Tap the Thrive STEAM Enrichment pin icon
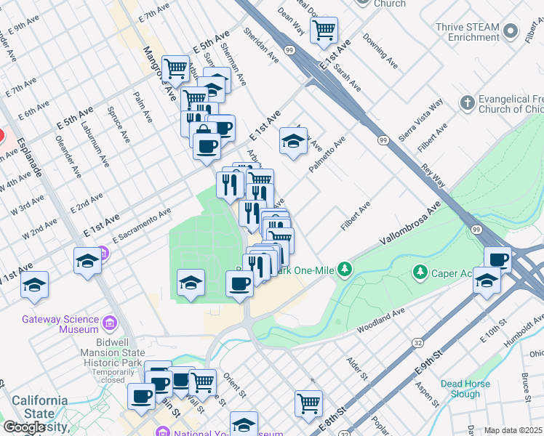click(x=511, y=32)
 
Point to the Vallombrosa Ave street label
click(x=410, y=227)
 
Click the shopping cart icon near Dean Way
click(x=324, y=31)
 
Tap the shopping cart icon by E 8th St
click(x=309, y=402)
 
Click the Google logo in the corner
click(x=23, y=427)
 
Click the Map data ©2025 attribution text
click(x=513, y=431)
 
